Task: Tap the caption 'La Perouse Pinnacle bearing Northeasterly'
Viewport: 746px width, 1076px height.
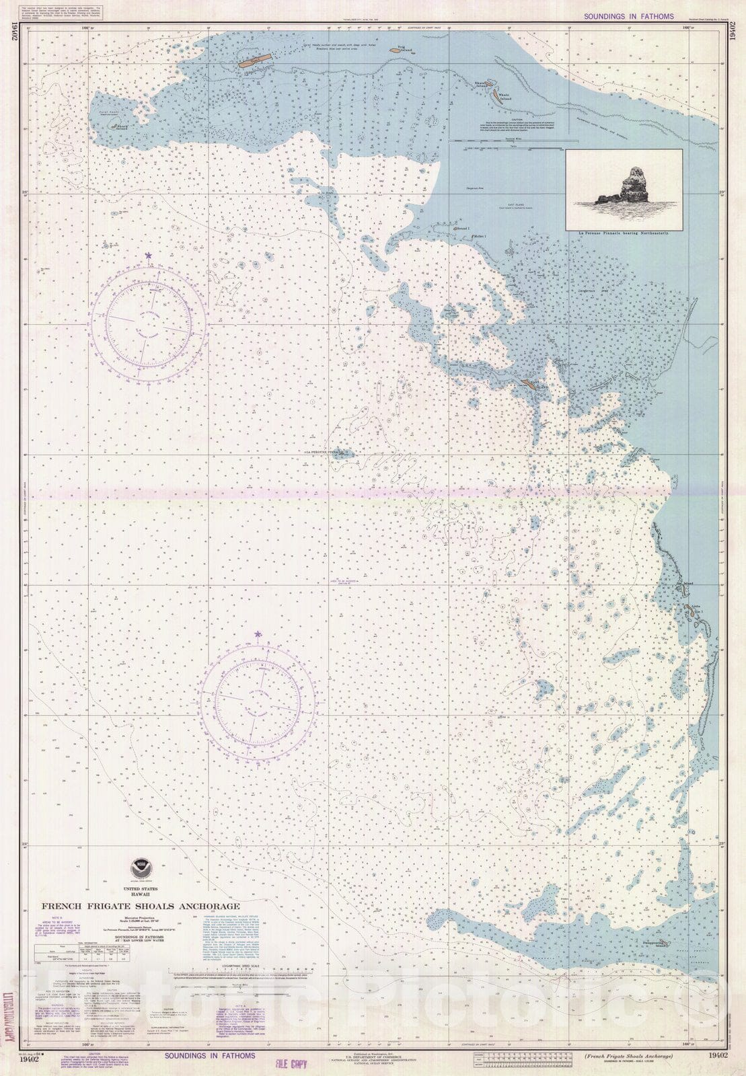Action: point(624,232)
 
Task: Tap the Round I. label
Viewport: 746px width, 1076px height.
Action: point(463,229)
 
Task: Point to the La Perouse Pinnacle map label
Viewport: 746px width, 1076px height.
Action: point(322,453)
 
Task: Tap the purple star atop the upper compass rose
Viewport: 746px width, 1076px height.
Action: point(148,256)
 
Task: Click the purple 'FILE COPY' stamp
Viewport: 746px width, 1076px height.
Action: point(291,1064)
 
